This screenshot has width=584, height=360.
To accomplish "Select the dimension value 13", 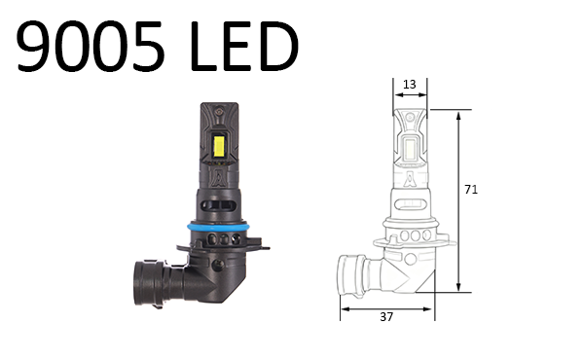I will (x=409, y=85).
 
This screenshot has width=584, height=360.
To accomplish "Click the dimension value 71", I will (x=471, y=191).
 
